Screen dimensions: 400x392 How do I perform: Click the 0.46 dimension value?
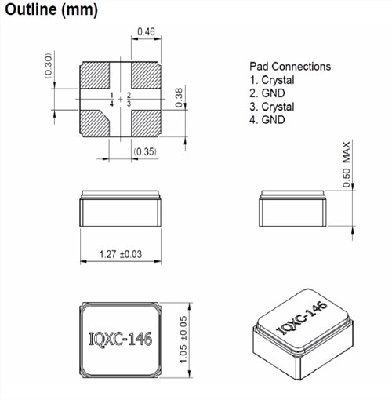coord(145,32)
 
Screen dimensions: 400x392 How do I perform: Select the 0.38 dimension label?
coord(179,97)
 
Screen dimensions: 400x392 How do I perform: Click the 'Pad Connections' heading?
coord(289,67)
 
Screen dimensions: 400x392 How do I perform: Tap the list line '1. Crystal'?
coord(272,80)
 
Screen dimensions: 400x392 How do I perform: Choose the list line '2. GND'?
coord(268,93)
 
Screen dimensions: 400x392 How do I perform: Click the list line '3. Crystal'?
coord(272,107)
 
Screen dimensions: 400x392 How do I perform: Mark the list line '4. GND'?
coord(268,120)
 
